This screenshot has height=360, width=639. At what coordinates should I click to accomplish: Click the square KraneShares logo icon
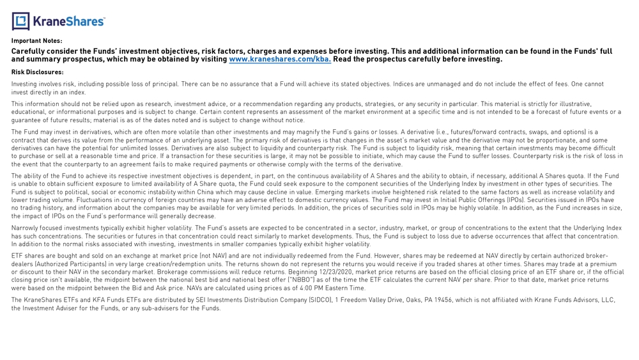(x=20, y=22)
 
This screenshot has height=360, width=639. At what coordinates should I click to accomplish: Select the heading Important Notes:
(x=36, y=41)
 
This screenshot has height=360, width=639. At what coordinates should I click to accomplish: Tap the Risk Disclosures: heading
(x=37, y=72)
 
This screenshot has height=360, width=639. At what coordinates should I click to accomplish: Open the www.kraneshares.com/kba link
(x=280, y=59)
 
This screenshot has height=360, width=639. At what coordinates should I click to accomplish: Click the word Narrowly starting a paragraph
(x=26, y=228)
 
